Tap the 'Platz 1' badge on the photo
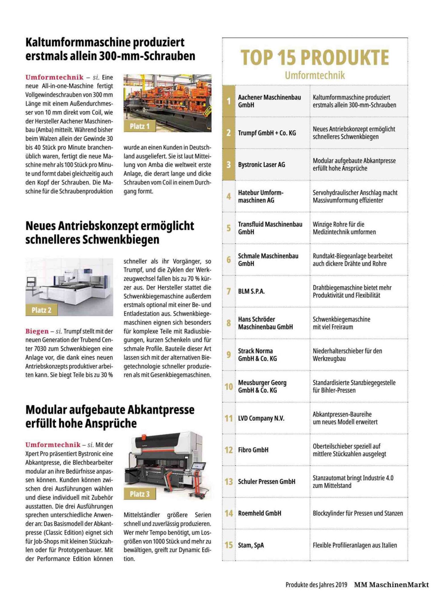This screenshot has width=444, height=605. click(139, 126)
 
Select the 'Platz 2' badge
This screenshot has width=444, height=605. click(41, 310)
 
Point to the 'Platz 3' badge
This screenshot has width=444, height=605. click(139, 494)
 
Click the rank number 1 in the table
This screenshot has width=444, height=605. click(229, 101)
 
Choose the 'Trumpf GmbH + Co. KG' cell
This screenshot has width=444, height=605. click(267, 133)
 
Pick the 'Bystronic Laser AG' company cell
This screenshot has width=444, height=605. click(261, 165)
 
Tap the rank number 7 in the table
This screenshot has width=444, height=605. click(229, 291)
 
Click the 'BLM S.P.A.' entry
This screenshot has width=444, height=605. click(251, 291)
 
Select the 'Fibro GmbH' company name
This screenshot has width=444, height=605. click(253, 450)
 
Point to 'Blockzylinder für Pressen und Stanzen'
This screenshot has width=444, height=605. click(357, 513)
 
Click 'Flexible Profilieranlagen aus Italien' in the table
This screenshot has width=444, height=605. click(355, 545)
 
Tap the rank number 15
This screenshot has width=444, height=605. click(229, 545)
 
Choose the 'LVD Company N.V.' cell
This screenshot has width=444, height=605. click(261, 418)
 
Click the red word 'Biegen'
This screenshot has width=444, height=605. click(37, 331)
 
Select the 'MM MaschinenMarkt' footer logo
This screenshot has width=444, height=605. click(391, 585)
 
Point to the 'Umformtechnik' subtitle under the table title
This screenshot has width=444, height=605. click(315, 75)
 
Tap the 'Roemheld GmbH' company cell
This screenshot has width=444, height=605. click(260, 513)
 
